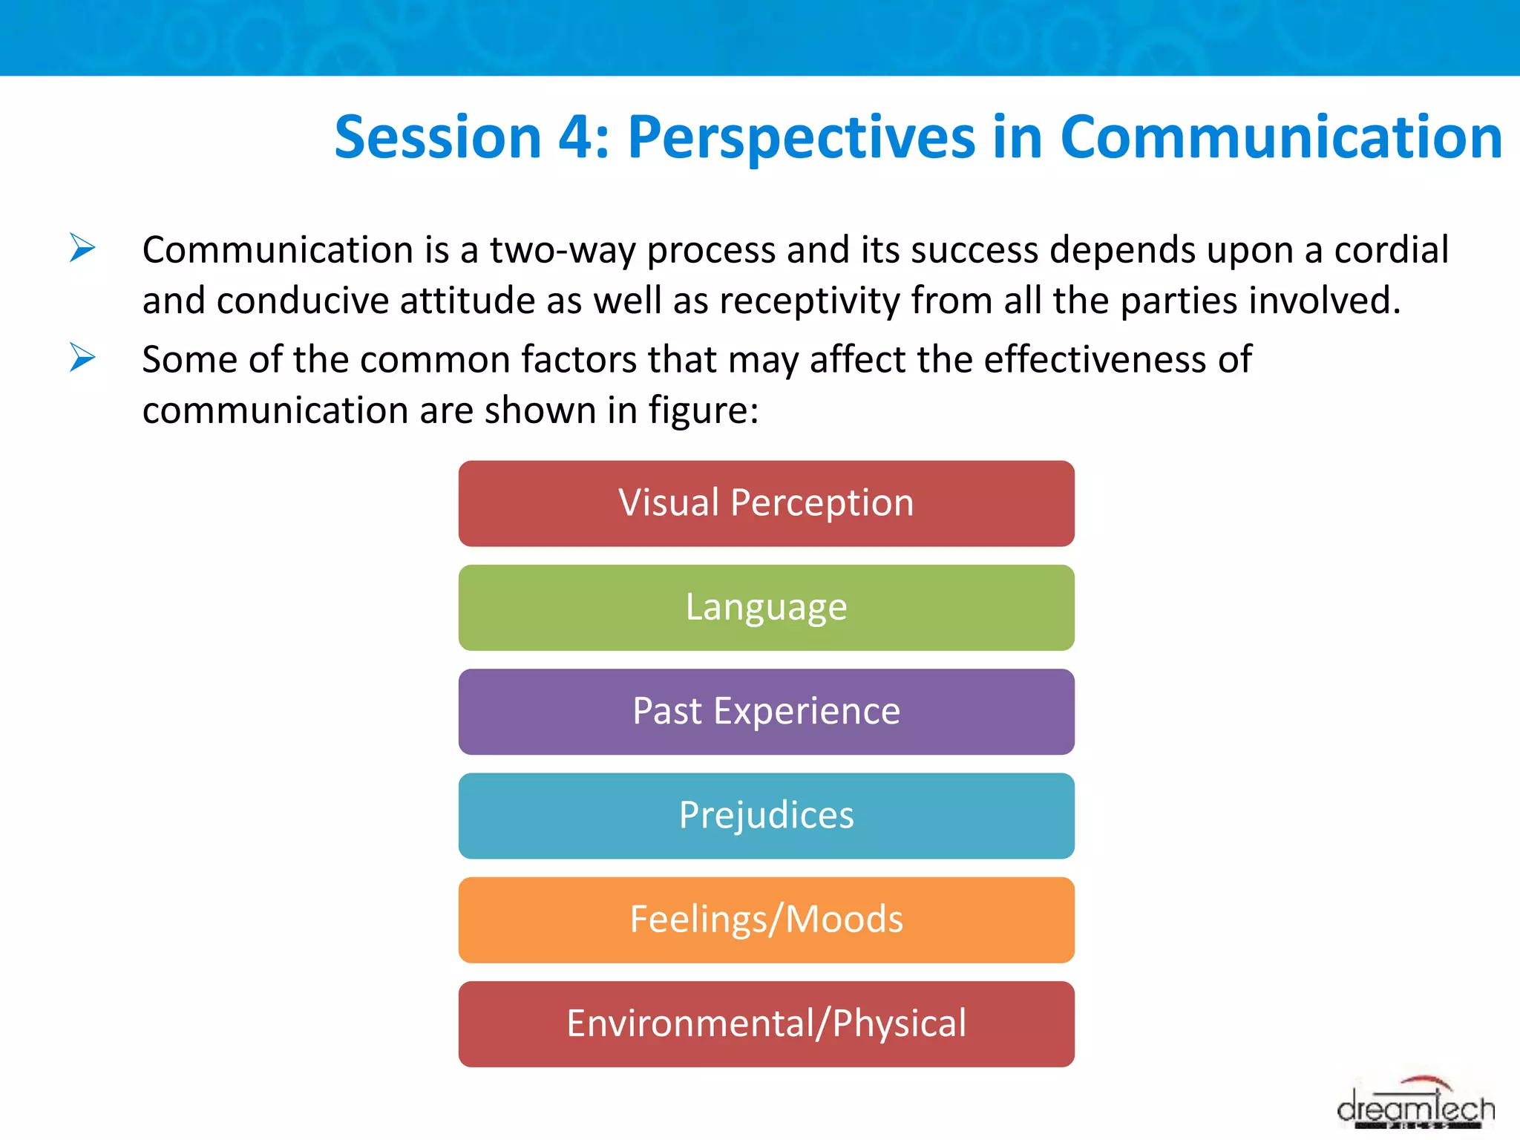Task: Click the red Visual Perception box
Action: [766, 503]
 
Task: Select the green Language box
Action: [766, 607]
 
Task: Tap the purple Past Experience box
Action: [766, 711]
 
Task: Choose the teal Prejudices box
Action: [766, 815]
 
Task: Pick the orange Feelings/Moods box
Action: [766, 919]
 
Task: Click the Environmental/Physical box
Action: [766, 1023]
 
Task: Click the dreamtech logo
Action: [1415, 1106]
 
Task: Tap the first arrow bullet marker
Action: [82, 248]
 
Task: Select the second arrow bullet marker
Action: [82, 358]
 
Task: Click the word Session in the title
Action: [438, 137]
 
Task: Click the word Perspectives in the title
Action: [802, 137]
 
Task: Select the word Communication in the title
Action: [1281, 137]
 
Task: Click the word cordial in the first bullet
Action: [1391, 250]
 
